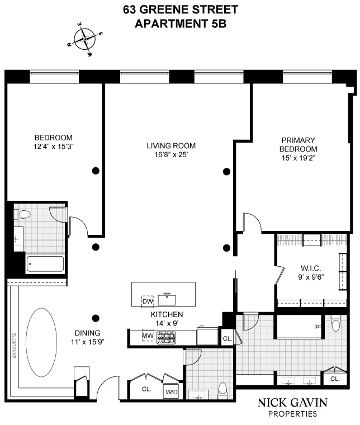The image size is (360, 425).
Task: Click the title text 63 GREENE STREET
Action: click(179, 10)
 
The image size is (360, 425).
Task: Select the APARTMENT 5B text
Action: click(179, 23)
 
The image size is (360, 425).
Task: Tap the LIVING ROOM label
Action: click(171, 146)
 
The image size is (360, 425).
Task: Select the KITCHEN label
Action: click(167, 314)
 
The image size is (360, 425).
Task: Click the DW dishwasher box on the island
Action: click(148, 301)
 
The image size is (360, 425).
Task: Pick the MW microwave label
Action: click(148, 336)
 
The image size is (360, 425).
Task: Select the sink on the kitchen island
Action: click(167, 298)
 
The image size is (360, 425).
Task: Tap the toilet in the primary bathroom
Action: click(335, 324)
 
